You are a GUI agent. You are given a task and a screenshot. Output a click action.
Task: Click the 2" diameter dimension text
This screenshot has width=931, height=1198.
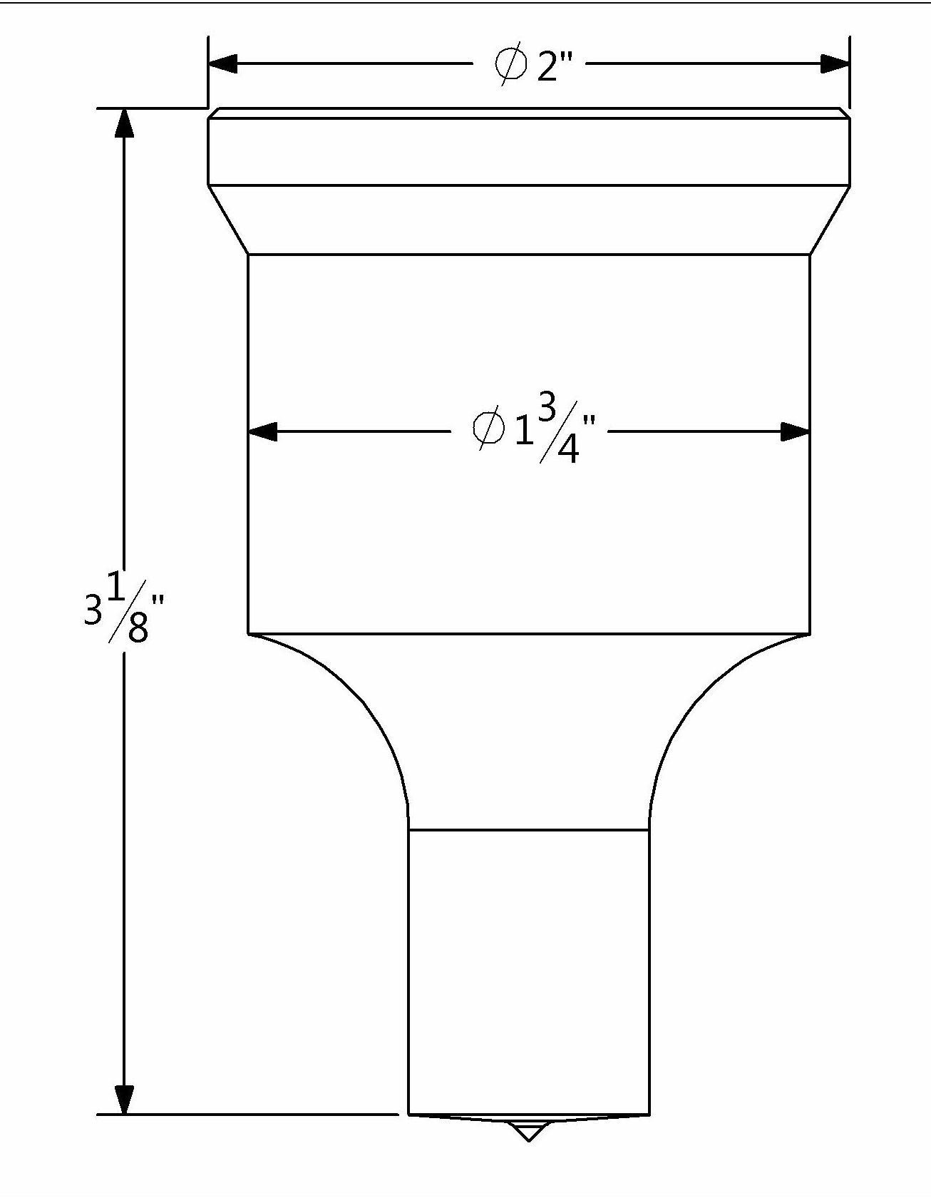533,63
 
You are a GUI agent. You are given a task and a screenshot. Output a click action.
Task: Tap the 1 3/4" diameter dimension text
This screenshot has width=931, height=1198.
534,429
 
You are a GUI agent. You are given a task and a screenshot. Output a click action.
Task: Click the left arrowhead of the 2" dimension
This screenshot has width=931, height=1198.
223,63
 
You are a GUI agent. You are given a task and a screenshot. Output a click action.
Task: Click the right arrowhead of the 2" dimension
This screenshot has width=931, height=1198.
835,63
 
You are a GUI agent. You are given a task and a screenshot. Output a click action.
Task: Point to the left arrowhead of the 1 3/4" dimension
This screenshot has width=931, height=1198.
262,431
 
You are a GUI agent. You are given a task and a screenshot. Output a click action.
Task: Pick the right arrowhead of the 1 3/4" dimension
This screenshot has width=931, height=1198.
796,431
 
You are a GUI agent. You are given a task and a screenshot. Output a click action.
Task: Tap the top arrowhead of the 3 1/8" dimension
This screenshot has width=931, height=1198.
124,123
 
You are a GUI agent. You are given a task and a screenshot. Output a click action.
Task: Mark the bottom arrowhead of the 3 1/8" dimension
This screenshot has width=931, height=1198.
124,1120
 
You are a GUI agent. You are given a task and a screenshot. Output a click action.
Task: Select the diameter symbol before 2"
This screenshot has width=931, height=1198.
510,64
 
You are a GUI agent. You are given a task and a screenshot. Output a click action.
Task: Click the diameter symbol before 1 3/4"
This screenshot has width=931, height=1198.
488,430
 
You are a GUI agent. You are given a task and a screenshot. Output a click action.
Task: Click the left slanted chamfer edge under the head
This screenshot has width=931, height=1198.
227,220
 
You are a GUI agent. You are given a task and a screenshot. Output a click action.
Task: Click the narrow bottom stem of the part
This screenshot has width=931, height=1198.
528,981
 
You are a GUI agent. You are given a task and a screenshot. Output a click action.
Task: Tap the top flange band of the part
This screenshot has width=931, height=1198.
528,147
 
